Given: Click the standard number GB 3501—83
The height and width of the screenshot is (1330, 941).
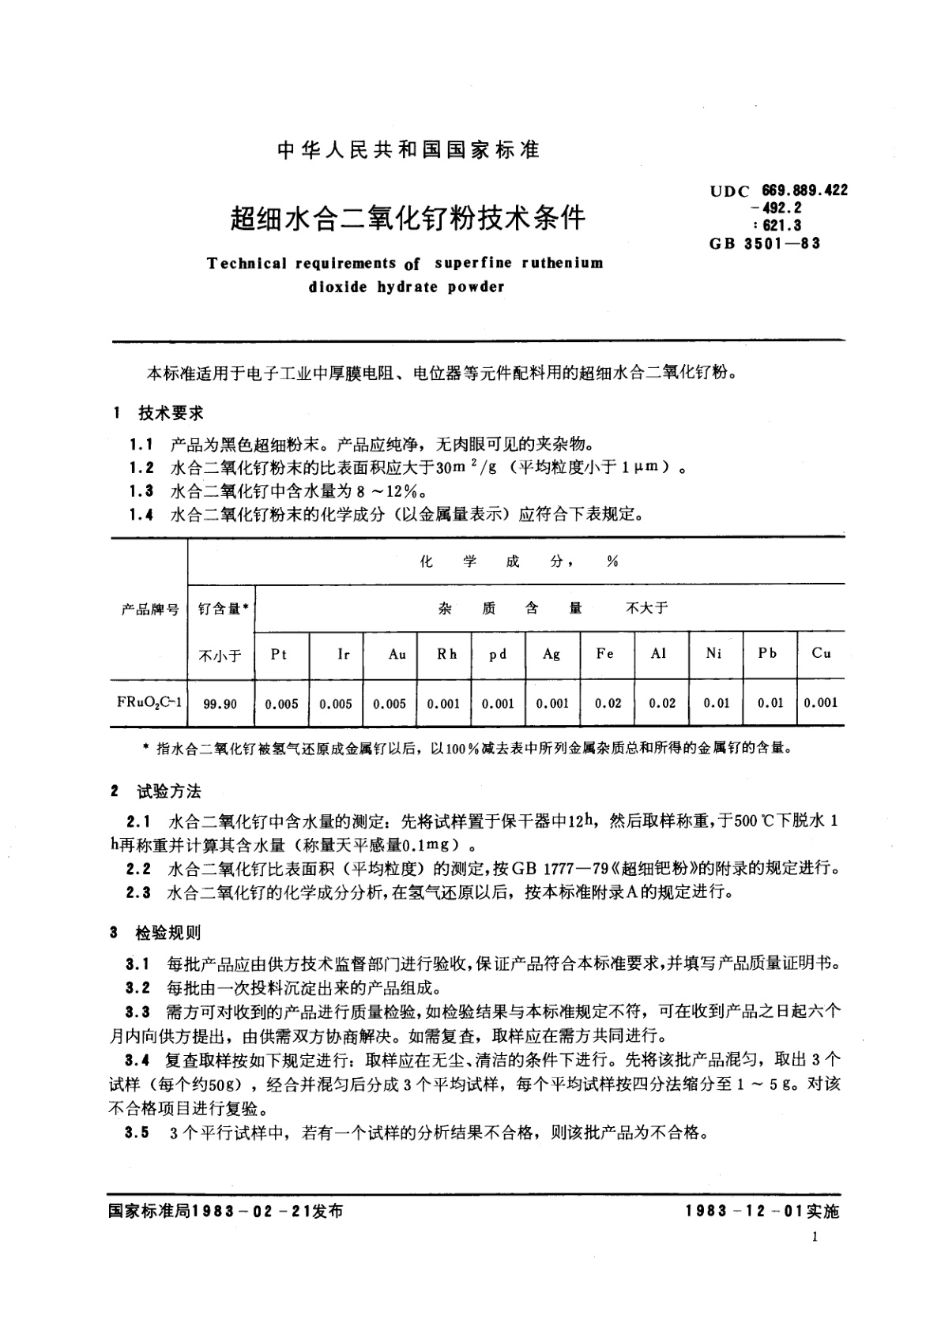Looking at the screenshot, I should (766, 243).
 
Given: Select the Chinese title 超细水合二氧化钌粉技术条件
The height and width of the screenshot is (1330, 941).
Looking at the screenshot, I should (407, 216).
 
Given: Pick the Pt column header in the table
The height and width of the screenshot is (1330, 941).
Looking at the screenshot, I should (279, 654).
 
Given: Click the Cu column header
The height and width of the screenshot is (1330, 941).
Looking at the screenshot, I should (821, 653).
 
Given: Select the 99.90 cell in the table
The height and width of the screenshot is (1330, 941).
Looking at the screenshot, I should (220, 703).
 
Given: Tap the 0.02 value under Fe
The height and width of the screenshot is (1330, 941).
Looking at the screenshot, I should (608, 703).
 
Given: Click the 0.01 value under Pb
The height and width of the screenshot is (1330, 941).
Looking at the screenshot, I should (770, 703).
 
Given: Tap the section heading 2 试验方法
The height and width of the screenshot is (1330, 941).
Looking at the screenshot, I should (157, 791).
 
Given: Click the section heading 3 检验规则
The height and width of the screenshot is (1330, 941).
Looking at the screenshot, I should (157, 933).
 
